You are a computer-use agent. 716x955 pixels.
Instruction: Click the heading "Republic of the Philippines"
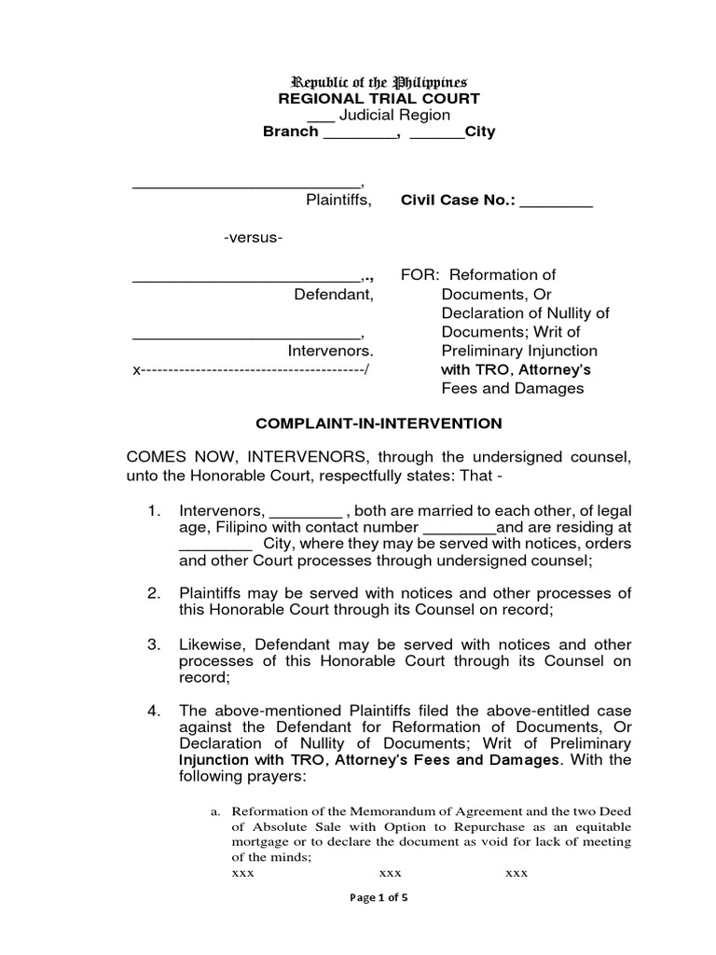coord(379,82)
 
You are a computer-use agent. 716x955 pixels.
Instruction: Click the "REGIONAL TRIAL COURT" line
coord(379,99)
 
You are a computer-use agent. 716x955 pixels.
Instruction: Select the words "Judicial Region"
coord(394,116)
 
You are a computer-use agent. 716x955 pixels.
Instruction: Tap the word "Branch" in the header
coord(290,132)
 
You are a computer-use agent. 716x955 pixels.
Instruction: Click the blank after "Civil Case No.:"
coord(556,200)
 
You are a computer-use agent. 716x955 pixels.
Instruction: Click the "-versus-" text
coord(253,238)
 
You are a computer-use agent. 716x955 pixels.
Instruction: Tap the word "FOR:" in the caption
coord(419,275)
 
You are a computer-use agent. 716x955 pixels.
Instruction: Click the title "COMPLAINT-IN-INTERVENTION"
coord(379,423)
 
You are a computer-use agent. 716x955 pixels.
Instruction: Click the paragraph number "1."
coord(156,512)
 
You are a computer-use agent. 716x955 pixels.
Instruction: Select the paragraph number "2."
coord(156,593)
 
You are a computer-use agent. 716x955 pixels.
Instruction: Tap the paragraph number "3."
coord(156,645)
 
